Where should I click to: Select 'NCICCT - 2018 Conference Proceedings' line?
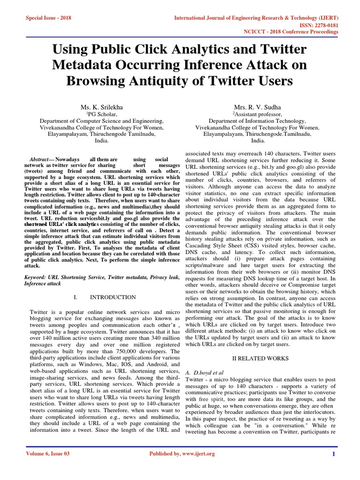pos(290,32)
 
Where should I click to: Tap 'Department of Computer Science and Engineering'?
pos(102,120)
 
